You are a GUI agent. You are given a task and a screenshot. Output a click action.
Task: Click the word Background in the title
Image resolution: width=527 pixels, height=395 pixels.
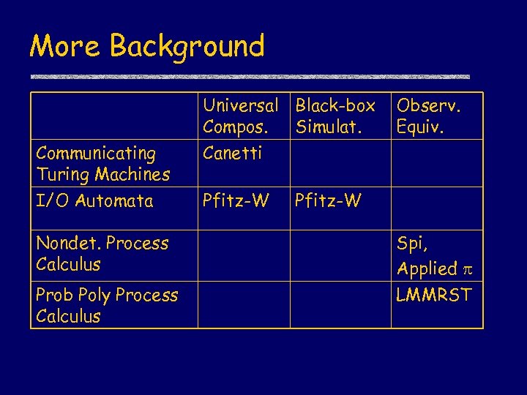point(187,46)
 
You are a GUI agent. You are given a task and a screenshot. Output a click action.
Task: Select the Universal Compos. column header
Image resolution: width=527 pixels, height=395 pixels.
point(240,116)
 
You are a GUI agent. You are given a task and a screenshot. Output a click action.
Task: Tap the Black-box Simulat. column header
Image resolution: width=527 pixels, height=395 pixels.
point(334,116)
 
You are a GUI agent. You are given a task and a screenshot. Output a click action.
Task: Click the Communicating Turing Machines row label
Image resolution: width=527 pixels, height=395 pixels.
point(102,164)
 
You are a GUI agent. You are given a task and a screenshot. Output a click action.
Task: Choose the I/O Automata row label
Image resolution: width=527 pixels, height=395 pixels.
point(94,200)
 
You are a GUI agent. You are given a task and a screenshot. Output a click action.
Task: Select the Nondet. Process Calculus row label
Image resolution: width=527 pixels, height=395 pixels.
point(102,253)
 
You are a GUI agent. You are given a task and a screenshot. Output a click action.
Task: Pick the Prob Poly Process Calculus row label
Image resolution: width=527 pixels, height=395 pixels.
point(107,305)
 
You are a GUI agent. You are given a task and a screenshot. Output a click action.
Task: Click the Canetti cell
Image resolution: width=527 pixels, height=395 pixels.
point(232,154)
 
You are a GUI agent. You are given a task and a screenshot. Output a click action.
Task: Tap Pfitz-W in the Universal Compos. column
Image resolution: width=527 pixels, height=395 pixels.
point(236,200)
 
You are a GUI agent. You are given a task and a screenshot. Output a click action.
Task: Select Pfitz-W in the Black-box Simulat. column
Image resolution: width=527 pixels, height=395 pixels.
point(328,200)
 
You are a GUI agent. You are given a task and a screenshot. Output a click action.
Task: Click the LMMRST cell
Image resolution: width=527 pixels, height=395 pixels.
point(434,295)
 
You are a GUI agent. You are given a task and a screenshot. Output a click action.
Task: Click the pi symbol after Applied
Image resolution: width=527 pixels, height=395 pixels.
point(468,269)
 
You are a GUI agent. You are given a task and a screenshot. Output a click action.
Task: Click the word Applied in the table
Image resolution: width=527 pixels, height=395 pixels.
point(427,269)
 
